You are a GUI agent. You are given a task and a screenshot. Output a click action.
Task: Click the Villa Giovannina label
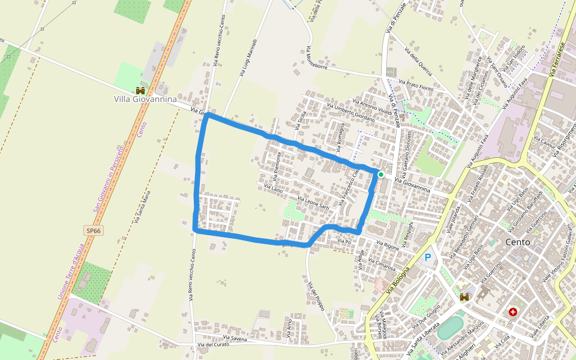[145, 98]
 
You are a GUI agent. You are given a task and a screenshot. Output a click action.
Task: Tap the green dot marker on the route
[380, 175]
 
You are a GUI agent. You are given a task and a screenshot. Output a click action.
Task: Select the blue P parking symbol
[428, 257]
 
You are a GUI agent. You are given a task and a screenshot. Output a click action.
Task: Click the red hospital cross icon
[513, 312]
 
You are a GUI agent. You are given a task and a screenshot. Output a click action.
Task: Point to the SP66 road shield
[92, 230]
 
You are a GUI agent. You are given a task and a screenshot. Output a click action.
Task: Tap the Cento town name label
[517, 243]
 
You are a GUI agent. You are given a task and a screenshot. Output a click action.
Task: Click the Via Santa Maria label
[142, 207]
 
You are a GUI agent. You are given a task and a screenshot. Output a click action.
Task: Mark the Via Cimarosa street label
[382, 265]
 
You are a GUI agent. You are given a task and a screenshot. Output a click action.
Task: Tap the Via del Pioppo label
[316, 296]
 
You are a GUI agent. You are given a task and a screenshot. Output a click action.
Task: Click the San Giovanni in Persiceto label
[109, 178]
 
